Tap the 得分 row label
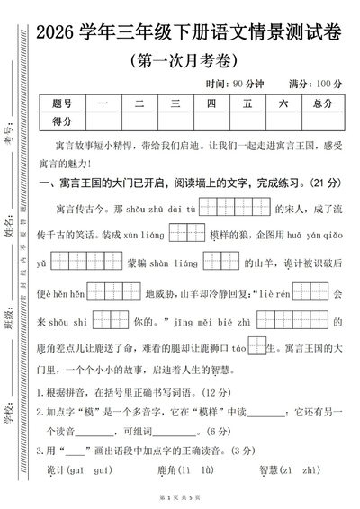point(62,121)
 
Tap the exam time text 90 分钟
point(248,84)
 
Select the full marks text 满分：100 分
point(314,84)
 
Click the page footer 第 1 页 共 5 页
point(180,497)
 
